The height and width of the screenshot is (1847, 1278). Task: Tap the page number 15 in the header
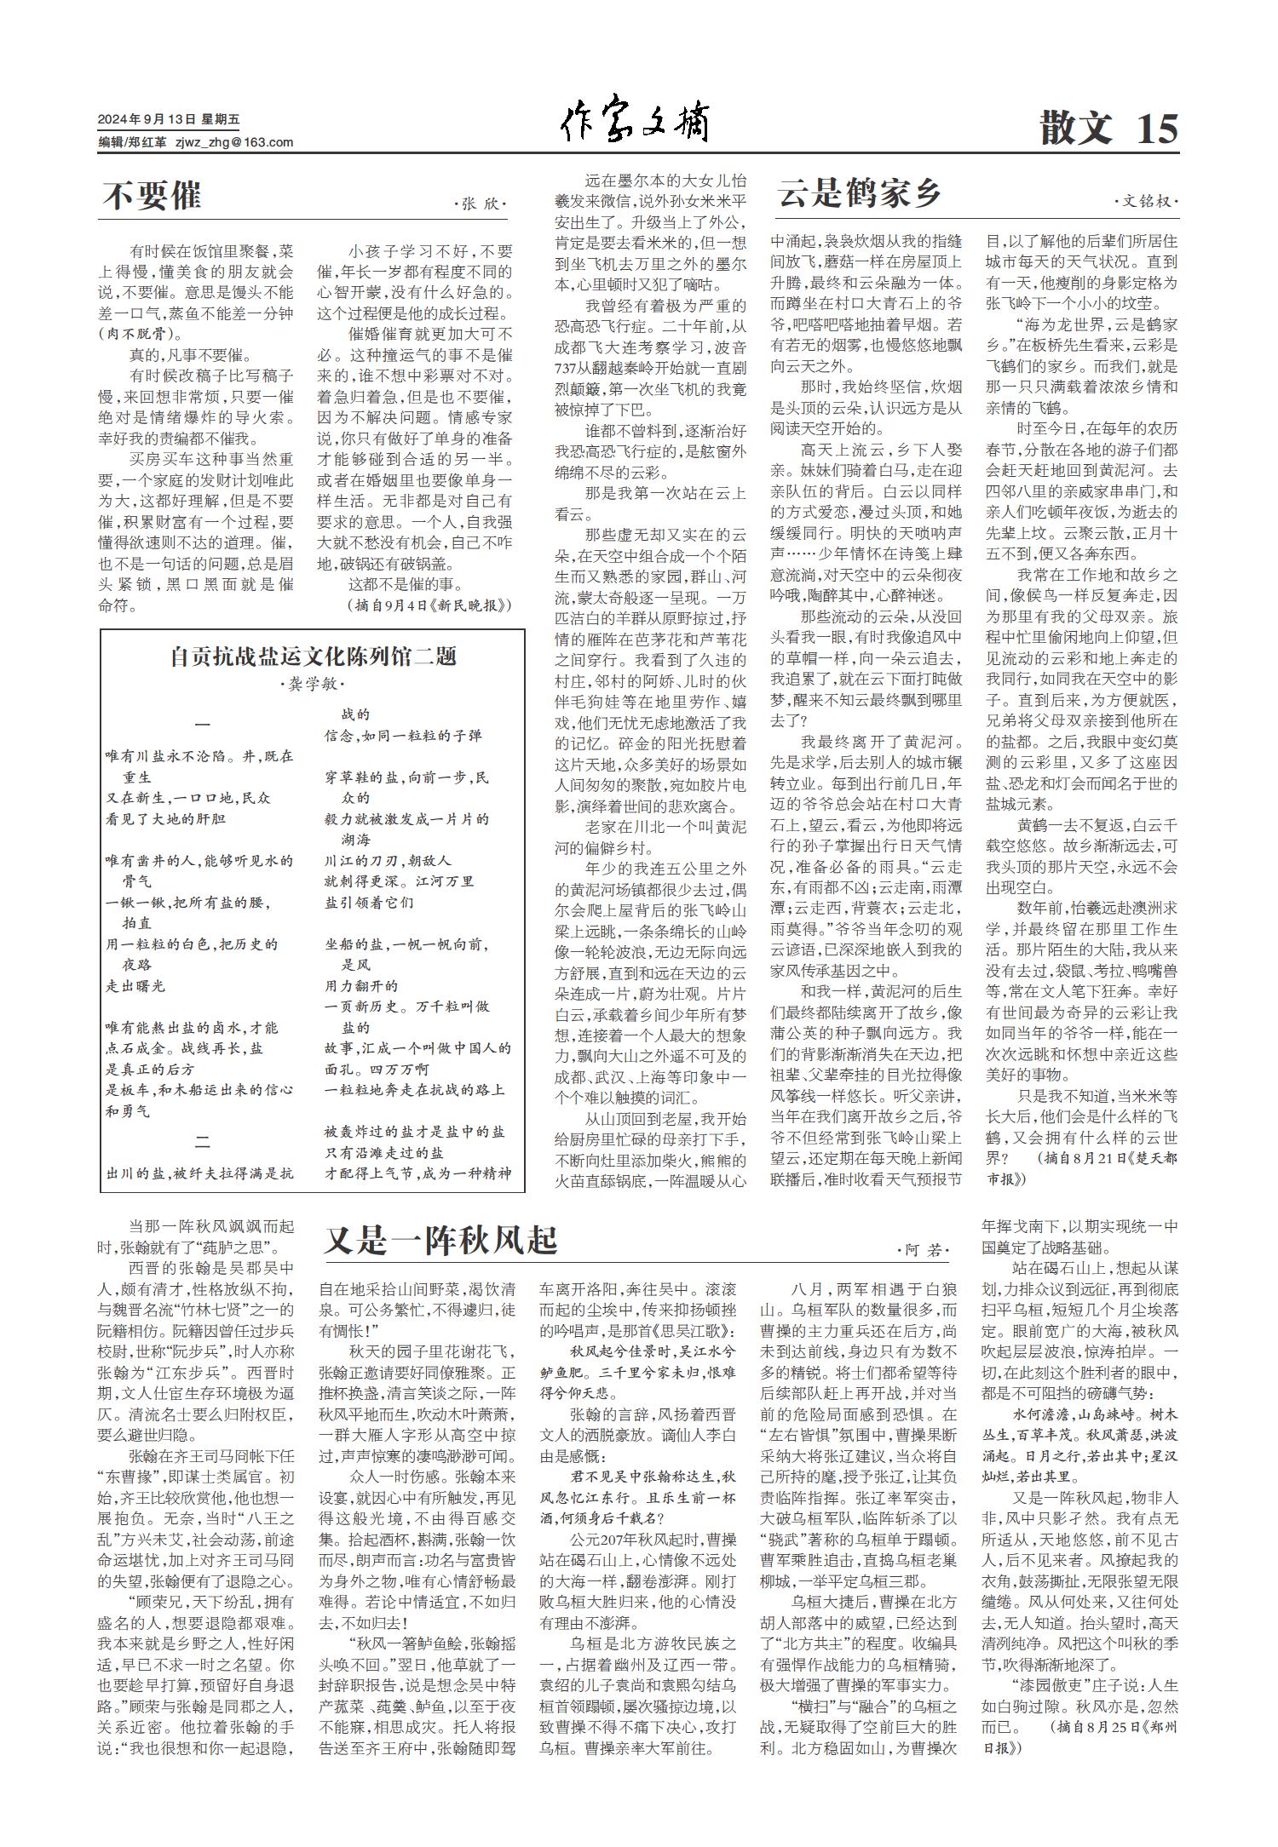(1156, 129)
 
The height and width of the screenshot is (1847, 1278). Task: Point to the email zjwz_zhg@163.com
(234, 142)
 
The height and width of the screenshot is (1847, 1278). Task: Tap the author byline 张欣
(482, 204)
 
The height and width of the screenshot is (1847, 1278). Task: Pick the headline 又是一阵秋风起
(440, 1242)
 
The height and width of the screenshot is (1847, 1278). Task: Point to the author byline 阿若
(924, 1250)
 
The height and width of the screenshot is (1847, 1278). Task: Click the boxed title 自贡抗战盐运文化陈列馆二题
(313, 657)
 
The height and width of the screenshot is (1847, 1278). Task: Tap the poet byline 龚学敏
(313, 685)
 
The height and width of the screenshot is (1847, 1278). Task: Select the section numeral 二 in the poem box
(203, 1142)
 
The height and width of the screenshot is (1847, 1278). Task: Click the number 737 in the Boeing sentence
(568, 369)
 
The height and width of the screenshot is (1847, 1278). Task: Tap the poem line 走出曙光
(135, 986)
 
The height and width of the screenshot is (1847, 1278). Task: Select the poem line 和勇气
(128, 1111)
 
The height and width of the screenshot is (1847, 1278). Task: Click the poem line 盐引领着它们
(369, 903)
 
